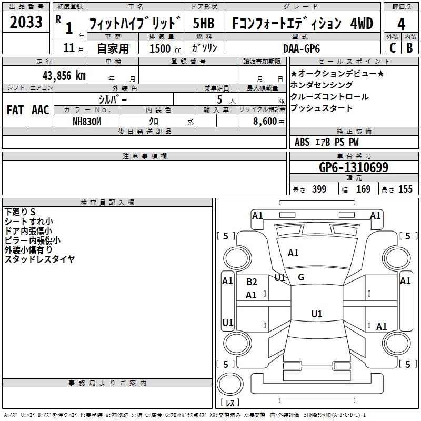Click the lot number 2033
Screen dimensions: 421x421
(x=26, y=23)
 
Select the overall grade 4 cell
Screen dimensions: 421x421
(x=402, y=24)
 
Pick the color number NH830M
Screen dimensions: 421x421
(x=87, y=121)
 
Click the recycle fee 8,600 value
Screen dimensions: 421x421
(x=264, y=121)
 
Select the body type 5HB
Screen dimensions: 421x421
(x=204, y=24)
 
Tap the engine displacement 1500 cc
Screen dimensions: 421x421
(x=161, y=48)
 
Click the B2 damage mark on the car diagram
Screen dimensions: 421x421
(x=252, y=282)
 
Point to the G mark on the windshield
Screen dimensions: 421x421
(x=301, y=277)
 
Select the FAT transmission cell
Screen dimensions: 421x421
(x=15, y=109)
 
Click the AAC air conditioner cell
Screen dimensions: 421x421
(x=41, y=109)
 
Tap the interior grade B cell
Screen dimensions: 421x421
(x=409, y=48)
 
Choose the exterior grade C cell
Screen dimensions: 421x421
(x=392, y=48)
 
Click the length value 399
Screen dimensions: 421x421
(x=319, y=189)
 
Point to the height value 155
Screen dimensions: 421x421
(x=405, y=189)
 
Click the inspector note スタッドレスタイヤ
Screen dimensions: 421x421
(x=39, y=259)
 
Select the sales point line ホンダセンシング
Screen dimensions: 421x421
(x=322, y=85)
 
